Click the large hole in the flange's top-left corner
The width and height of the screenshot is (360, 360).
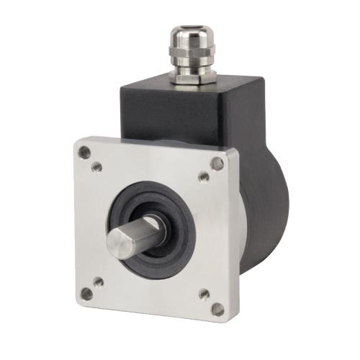[84, 152]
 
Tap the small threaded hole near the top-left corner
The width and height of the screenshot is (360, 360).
[97, 167]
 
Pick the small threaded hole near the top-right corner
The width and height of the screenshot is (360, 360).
[203, 176]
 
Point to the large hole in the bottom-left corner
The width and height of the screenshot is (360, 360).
[86, 293]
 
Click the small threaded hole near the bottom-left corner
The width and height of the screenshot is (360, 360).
[99, 282]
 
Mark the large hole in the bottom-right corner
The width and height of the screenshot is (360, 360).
[217, 309]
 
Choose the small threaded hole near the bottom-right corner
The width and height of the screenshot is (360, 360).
[203, 294]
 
